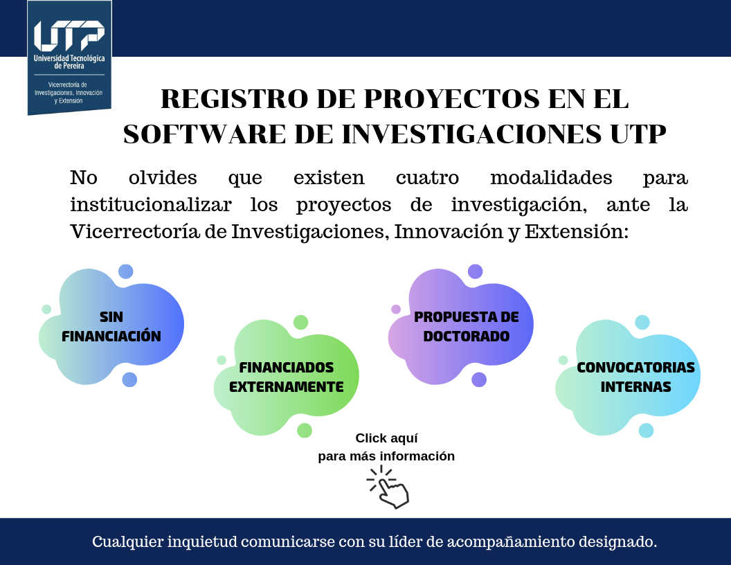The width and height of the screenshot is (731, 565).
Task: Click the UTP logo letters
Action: [69, 36]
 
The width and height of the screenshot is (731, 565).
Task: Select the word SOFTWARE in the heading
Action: [205, 134]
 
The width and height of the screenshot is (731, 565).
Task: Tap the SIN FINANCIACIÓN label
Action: [111, 326]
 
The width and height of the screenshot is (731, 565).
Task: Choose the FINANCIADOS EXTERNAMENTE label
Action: [287, 377]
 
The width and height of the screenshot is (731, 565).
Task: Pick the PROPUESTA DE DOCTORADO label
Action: [466, 326]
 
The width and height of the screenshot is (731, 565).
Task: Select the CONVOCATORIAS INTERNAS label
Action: [636, 377]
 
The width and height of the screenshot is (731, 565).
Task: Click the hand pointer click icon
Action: [388, 487]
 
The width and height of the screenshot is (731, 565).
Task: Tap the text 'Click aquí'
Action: [386, 439]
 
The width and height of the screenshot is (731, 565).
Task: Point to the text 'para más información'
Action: [386, 456]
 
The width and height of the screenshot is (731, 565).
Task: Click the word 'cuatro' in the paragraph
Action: [428, 178]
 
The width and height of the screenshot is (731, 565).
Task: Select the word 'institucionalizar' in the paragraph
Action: [151, 205]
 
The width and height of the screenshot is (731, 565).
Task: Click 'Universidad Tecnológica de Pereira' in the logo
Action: [69, 62]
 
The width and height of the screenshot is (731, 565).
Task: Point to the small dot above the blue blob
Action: [126, 271]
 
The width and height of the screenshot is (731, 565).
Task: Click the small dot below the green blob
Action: [305, 430]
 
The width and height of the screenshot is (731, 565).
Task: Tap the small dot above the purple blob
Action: [475, 271]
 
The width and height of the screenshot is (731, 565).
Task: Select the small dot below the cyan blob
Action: [646, 430]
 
